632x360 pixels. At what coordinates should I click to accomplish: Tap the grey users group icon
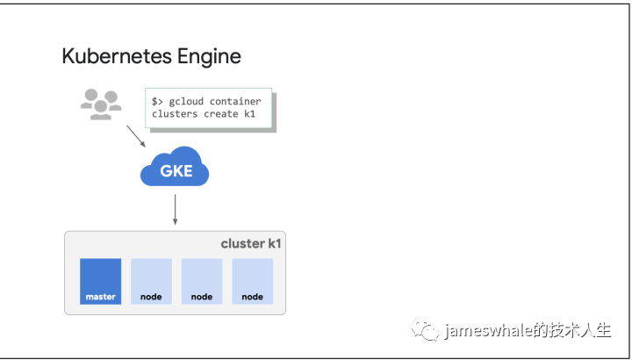click(101, 104)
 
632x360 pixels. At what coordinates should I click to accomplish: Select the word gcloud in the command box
click(186, 102)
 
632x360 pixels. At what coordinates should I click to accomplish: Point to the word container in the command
click(235, 101)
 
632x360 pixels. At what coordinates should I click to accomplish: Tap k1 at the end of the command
click(249, 113)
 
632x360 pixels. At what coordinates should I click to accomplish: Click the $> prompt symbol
click(157, 101)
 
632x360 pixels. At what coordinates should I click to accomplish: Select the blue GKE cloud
click(175, 168)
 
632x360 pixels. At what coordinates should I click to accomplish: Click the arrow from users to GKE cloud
click(136, 136)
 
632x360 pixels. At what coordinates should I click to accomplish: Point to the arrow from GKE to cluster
click(175, 209)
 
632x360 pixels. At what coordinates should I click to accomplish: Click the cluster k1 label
click(251, 243)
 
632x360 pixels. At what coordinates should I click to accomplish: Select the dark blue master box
click(100, 281)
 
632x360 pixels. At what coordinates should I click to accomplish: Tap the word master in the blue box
click(100, 297)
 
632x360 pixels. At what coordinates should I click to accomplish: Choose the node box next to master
click(151, 281)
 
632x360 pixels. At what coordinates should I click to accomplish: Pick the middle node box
click(202, 281)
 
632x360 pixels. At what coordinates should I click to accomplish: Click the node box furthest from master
click(252, 281)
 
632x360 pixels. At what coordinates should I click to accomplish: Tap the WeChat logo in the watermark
click(425, 329)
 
